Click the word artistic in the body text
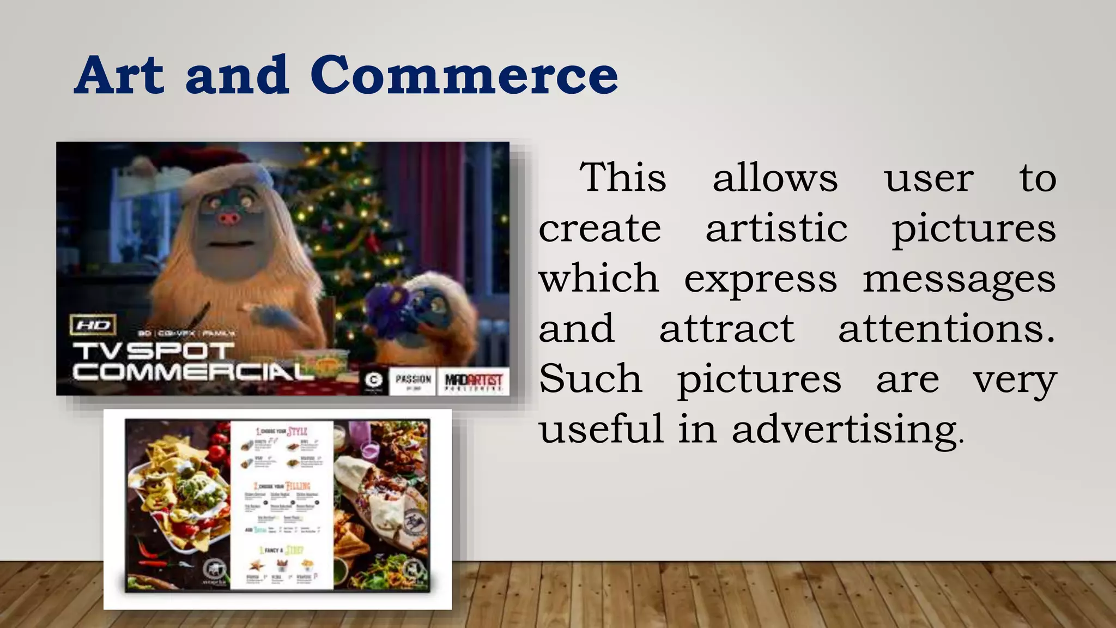point(777,228)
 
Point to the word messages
point(959,279)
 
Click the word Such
point(591,378)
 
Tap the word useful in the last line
point(602,429)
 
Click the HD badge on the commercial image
point(93,325)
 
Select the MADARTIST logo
point(473,381)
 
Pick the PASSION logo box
point(413,381)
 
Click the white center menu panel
point(282,504)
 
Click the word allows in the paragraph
point(775,178)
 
